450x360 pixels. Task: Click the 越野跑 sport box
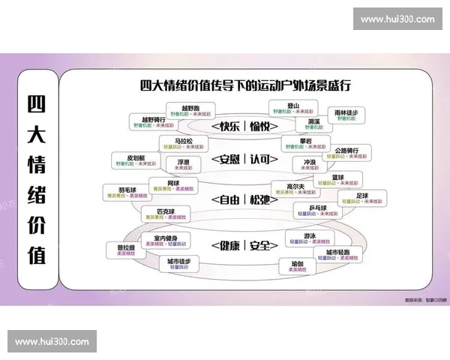(190, 112)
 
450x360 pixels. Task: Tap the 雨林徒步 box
(346, 115)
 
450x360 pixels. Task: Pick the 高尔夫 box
(295, 189)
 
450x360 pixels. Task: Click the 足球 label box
(362, 199)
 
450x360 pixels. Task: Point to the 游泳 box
(300, 239)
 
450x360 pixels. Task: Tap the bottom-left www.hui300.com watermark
(52, 341)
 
